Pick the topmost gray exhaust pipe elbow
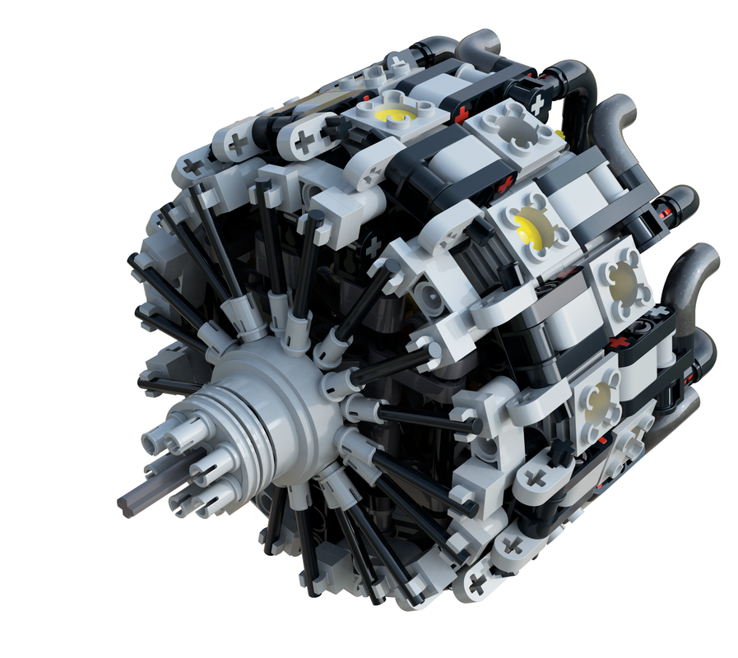(x=485, y=43)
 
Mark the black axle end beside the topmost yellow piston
(x=337, y=127)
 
